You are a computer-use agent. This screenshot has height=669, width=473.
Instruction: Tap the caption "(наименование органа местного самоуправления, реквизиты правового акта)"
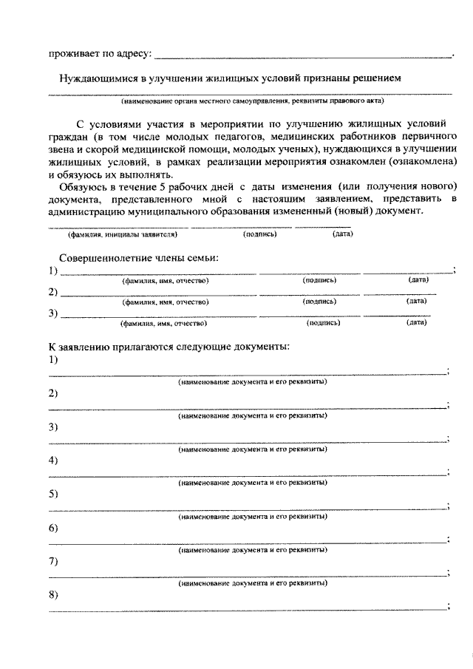[253, 101]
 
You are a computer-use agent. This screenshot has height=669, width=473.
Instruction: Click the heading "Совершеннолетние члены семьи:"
[139, 257]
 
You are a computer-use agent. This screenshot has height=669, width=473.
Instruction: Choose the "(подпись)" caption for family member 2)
[320, 302]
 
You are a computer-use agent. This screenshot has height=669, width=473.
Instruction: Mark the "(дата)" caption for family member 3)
[417, 322]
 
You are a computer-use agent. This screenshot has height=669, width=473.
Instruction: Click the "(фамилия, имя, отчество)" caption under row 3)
[163, 323]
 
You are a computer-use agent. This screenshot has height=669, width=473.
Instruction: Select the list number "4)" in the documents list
[53, 461]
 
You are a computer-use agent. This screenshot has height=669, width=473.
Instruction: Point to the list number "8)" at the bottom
[53, 594]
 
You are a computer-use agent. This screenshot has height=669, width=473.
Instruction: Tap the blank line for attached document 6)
[248, 542]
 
